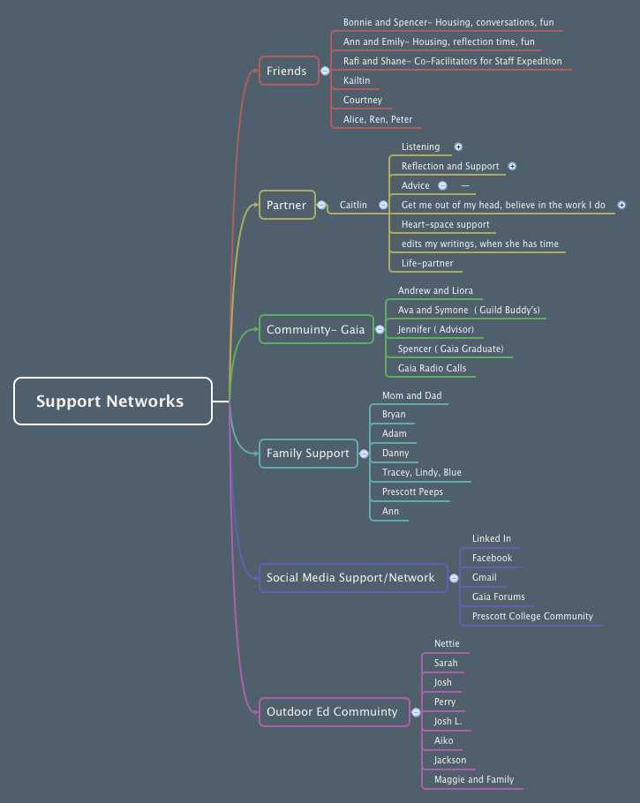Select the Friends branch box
(288, 71)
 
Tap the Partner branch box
(287, 205)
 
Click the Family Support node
(308, 453)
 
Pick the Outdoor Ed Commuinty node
(334, 711)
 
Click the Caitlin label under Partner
(353, 205)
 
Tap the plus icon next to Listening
(458, 147)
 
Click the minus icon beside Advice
(442, 186)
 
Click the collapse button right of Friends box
(325, 71)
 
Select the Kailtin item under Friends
(357, 80)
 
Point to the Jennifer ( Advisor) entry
(436, 329)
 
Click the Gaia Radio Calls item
(432, 368)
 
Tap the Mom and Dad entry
(411, 395)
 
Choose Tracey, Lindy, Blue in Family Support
(421, 472)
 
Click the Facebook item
(492, 558)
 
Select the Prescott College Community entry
(532, 616)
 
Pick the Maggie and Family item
(473, 779)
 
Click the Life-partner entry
(427, 263)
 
